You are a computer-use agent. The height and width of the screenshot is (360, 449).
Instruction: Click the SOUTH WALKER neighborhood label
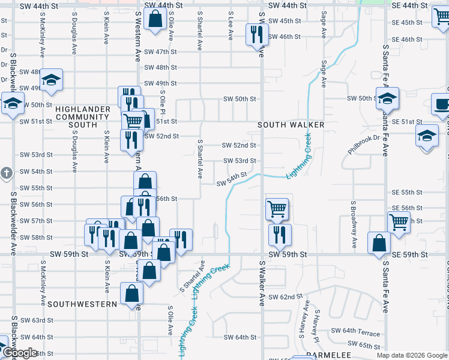[291, 125]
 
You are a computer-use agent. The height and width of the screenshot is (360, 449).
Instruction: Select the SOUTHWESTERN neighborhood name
[82, 304]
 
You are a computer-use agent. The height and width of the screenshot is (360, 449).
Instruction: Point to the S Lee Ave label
[231, 26]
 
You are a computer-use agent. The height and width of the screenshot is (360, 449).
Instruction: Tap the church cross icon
[6, 174]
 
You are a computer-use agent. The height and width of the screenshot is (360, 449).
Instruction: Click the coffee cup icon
[442, 105]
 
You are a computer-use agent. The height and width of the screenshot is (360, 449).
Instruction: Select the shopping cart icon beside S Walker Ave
[277, 209]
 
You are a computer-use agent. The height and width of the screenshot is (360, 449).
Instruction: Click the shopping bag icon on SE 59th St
[378, 244]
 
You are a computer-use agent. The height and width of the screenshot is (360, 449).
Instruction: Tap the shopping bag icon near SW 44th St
[155, 19]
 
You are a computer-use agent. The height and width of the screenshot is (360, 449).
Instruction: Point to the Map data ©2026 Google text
[411, 355]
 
